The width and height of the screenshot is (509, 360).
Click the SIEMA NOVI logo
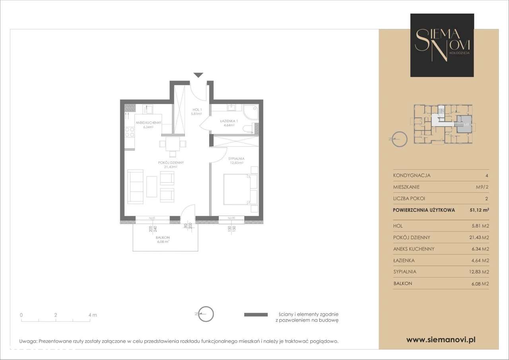click(x=442, y=45)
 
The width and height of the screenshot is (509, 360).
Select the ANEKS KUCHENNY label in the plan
click(x=148, y=125)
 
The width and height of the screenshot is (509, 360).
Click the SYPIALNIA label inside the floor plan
click(x=236, y=160)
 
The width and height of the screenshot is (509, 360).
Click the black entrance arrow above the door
click(x=198, y=75)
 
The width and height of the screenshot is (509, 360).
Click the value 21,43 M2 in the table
click(x=479, y=237)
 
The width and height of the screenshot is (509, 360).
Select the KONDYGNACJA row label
click(x=412, y=175)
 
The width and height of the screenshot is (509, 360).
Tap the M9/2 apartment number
click(x=482, y=187)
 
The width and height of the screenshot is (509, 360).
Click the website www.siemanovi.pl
click(x=441, y=340)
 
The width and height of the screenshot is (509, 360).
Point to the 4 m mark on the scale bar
click(x=92, y=315)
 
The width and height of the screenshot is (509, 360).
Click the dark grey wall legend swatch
click(x=255, y=315)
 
